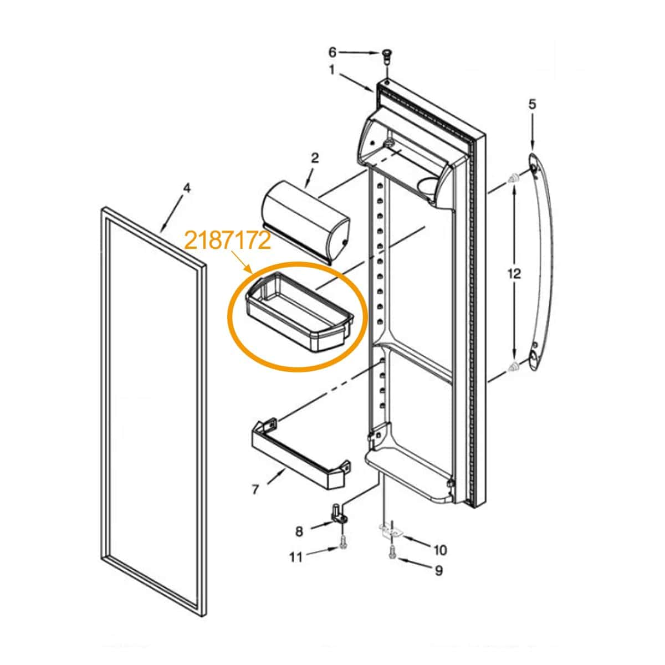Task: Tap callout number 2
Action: click(315, 158)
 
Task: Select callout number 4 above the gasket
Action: click(186, 188)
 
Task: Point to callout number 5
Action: click(533, 104)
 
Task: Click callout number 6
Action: click(332, 53)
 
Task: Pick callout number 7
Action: click(255, 489)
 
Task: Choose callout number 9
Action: click(438, 580)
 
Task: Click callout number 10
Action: click(440, 550)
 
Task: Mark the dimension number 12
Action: click(514, 274)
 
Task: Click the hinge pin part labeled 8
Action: click(339, 516)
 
